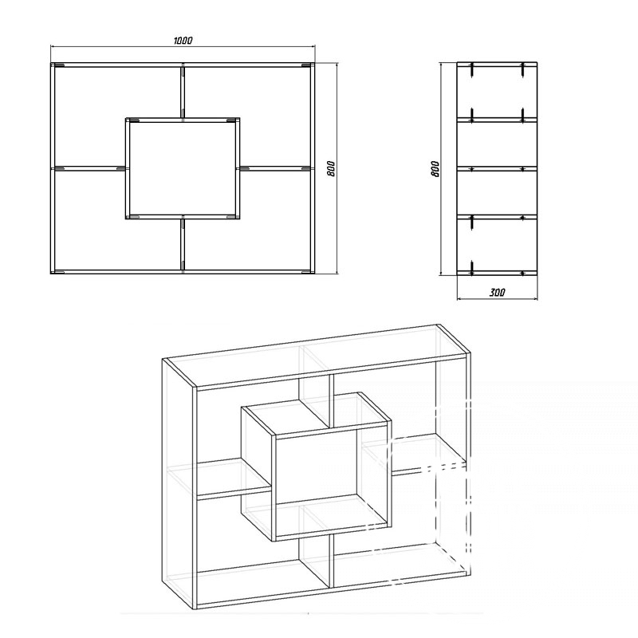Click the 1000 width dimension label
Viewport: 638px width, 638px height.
point(183,41)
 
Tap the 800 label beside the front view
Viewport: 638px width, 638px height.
point(331,168)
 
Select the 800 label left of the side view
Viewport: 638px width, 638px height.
point(435,168)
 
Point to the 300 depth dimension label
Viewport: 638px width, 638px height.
point(497,292)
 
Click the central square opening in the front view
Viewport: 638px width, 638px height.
point(183,168)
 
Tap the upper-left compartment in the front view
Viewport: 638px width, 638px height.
point(117,116)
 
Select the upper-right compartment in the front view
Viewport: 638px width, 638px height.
point(247,116)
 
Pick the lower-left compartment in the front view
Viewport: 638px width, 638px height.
point(117,220)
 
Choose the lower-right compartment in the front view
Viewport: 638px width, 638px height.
point(247,220)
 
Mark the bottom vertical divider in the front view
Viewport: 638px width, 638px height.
point(183,244)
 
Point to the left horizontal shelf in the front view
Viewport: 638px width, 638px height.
point(90,168)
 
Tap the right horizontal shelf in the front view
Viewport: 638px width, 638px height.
point(275,168)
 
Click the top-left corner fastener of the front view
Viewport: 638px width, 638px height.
point(59,65)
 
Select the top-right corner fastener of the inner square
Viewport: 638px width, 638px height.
point(231,120)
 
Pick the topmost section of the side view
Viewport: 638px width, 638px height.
point(497,92)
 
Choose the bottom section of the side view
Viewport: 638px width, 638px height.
point(497,245)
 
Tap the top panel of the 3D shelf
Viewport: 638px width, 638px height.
point(317,355)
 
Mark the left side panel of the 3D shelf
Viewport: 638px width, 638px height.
point(179,483)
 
